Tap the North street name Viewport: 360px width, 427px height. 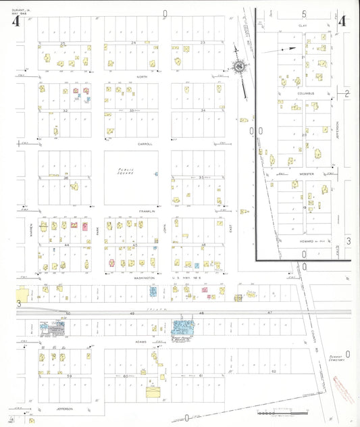click(142, 77)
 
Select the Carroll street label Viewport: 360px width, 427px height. click(145, 144)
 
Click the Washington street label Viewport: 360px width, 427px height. click(145, 278)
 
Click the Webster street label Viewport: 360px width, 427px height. click(306, 174)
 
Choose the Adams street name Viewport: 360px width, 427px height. click(140, 342)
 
